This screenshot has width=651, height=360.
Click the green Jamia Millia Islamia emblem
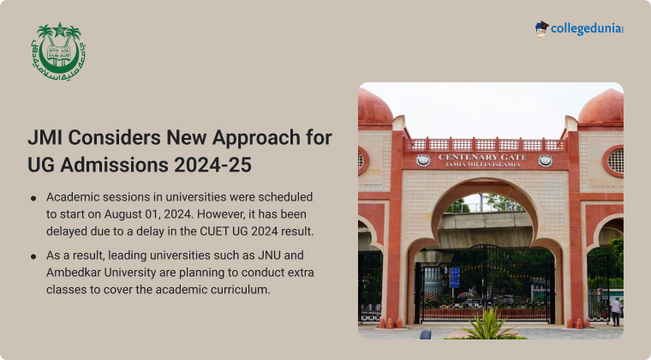click(x=58, y=51)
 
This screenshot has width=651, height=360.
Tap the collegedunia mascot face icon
click(x=541, y=29)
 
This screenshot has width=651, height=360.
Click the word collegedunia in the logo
click(x=587, y=29)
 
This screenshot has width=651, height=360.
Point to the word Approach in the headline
click(x=256, y=138)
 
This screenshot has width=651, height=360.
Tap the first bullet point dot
click(x=33, y=199)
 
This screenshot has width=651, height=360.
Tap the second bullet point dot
click(x=33, y=256)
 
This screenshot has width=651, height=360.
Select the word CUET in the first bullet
click(x=214, y=231)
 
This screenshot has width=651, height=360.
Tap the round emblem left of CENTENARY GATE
click(x=422, y=160)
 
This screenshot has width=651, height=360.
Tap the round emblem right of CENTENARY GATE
click(x=545, y=160)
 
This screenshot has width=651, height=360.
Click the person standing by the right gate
click(x=616, y=311)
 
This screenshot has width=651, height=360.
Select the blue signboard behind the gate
click(x=455, y=278)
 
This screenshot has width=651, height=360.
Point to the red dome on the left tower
click(x=374, y=106)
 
